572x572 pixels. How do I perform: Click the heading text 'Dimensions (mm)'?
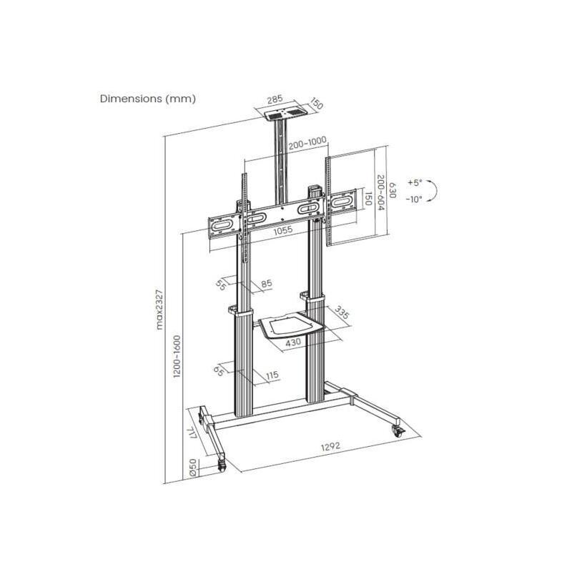point(148,99)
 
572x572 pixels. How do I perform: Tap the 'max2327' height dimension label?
point(159,310)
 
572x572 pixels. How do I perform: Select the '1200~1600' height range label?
point(177,356)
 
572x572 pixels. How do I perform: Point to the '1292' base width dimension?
point(330,445)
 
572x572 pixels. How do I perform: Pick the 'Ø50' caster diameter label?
point(193,468)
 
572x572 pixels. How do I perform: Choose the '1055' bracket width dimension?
point(283,230)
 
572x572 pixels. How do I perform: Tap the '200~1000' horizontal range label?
point(307,144)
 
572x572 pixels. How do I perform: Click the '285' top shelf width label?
point(275,99)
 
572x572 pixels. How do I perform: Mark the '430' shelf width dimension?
point(293,342)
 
